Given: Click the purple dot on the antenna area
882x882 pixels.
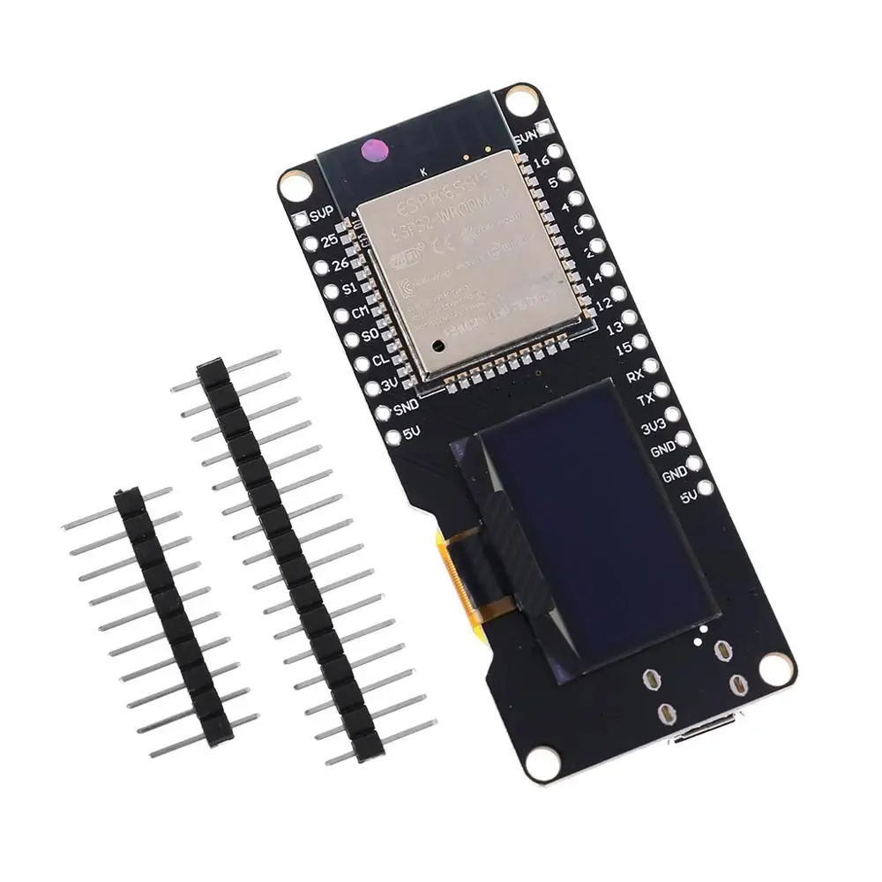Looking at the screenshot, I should pyautogui.click(x=375, y=152).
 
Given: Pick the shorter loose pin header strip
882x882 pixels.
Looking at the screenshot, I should pyautogui.click(x=173, y=617).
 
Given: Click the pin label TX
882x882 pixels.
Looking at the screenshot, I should pyautogui.click(x=646, y=400).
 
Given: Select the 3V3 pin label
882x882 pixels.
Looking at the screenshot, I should pyautogui.click(x=654, y=428).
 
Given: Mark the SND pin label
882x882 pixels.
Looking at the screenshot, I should pyautogui.click(x=405, y=407).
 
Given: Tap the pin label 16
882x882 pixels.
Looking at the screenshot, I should pyautogui.click(x=542, y=162).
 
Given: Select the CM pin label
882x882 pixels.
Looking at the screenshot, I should pyautogui.click(x=360, y=313).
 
